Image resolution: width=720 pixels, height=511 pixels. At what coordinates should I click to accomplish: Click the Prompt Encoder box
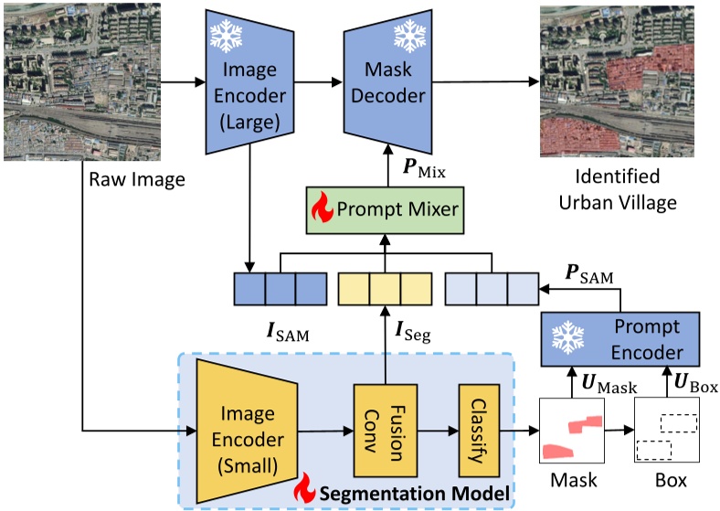pos(620,339)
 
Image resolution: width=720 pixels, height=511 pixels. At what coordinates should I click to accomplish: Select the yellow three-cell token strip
pos(384,288)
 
